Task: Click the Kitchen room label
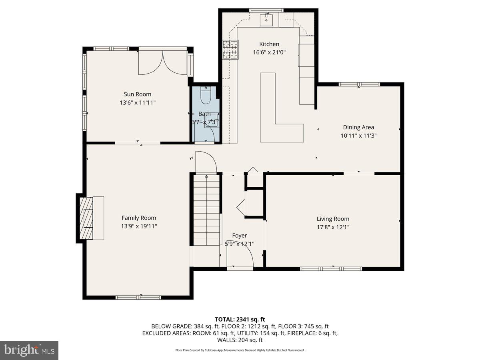coord(269,44)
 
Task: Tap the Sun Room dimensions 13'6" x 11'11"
coord(137,103)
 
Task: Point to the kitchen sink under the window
coord(266,19)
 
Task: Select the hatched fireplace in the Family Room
coord(86,218)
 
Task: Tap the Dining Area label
coord(358,127)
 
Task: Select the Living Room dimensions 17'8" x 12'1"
coord(333,227)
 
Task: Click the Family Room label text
coord(139,218)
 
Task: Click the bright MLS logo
coord(29,350)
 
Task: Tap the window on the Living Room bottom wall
coord(331,268)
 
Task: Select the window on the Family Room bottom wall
coord(138,297)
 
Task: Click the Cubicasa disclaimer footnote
coord(240,350)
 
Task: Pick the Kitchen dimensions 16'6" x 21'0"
coord(269,52)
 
